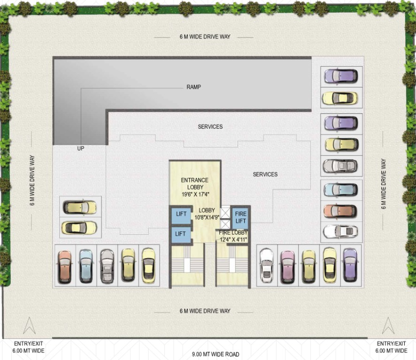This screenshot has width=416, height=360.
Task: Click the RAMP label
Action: click(193, 87)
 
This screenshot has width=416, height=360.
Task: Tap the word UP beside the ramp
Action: click(80, 148)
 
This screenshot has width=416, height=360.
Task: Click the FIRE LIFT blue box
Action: click(240, 217)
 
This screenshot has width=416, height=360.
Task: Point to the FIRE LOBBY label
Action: click(233, 236)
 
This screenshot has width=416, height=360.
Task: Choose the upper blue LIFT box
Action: click(181, 214)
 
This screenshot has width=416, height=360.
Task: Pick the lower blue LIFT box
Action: click(181, 233)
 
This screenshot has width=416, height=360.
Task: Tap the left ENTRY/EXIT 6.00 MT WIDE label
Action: click(29, 347)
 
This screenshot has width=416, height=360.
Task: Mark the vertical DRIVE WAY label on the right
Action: click(384, 184)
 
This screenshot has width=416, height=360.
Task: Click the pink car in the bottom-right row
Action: click(287, 266)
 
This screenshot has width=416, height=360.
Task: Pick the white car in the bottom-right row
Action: click(266, 266)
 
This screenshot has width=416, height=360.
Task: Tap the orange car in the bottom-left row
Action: click(65, 266)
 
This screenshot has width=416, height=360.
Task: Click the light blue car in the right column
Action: click(341, 190)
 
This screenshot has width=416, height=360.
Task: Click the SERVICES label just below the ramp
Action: click(210, 127)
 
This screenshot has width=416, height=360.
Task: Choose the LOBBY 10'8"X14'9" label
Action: click(207, 214)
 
